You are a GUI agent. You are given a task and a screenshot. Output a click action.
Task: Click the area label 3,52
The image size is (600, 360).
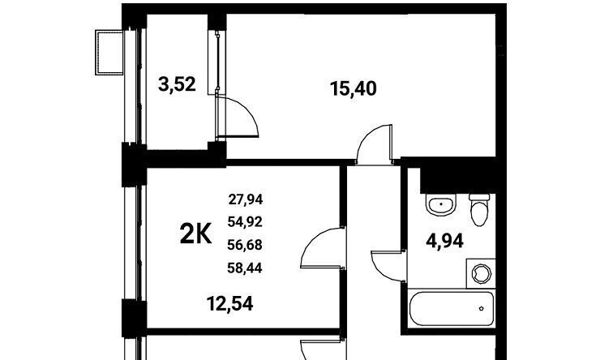(177, 84)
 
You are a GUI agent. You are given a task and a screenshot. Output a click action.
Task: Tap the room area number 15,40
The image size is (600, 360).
(354, 89)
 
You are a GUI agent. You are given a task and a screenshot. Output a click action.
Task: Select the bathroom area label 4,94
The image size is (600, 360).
(445, 241)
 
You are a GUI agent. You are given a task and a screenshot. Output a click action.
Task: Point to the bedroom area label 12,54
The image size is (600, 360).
(229, 304)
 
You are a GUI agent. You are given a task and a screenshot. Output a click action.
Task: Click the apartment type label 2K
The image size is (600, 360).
(195, 234)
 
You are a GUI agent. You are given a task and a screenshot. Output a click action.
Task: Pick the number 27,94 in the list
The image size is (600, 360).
(246, 199)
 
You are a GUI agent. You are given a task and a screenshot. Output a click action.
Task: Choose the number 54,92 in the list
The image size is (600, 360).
(245, 221)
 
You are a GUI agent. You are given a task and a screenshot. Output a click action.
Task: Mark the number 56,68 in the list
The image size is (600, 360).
(245, 245)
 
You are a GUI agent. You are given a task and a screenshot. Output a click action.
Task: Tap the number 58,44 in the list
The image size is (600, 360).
(245, 268)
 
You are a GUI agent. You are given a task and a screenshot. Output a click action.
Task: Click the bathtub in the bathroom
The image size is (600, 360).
(452, 309)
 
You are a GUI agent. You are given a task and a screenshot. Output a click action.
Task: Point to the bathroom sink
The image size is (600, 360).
(441, 204)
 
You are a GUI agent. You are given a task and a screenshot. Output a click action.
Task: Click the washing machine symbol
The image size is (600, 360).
(481, 273)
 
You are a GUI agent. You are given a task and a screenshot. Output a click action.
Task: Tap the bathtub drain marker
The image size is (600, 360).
(481, 308)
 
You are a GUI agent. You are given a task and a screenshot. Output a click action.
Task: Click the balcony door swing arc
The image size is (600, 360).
(248, 112)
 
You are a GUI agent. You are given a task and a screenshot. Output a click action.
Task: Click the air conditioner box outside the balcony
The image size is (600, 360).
(109, 53)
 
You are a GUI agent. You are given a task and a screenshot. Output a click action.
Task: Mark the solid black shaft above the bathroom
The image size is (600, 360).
(457, 175)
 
